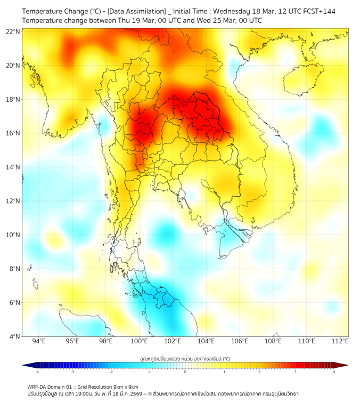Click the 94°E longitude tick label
click(x=39, y=342)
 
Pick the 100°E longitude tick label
click(x=140, y=342)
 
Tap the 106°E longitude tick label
click(x=240, y=342)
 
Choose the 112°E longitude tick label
click(x=340, y=342)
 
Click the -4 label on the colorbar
click(x=37, y=372)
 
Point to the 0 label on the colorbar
click(x=185, y=372)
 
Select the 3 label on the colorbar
click(x=296, y=372)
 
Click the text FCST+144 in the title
click(x=319, y=11)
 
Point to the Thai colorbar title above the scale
click(x=185, y=359)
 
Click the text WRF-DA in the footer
click(x=36, y=386)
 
